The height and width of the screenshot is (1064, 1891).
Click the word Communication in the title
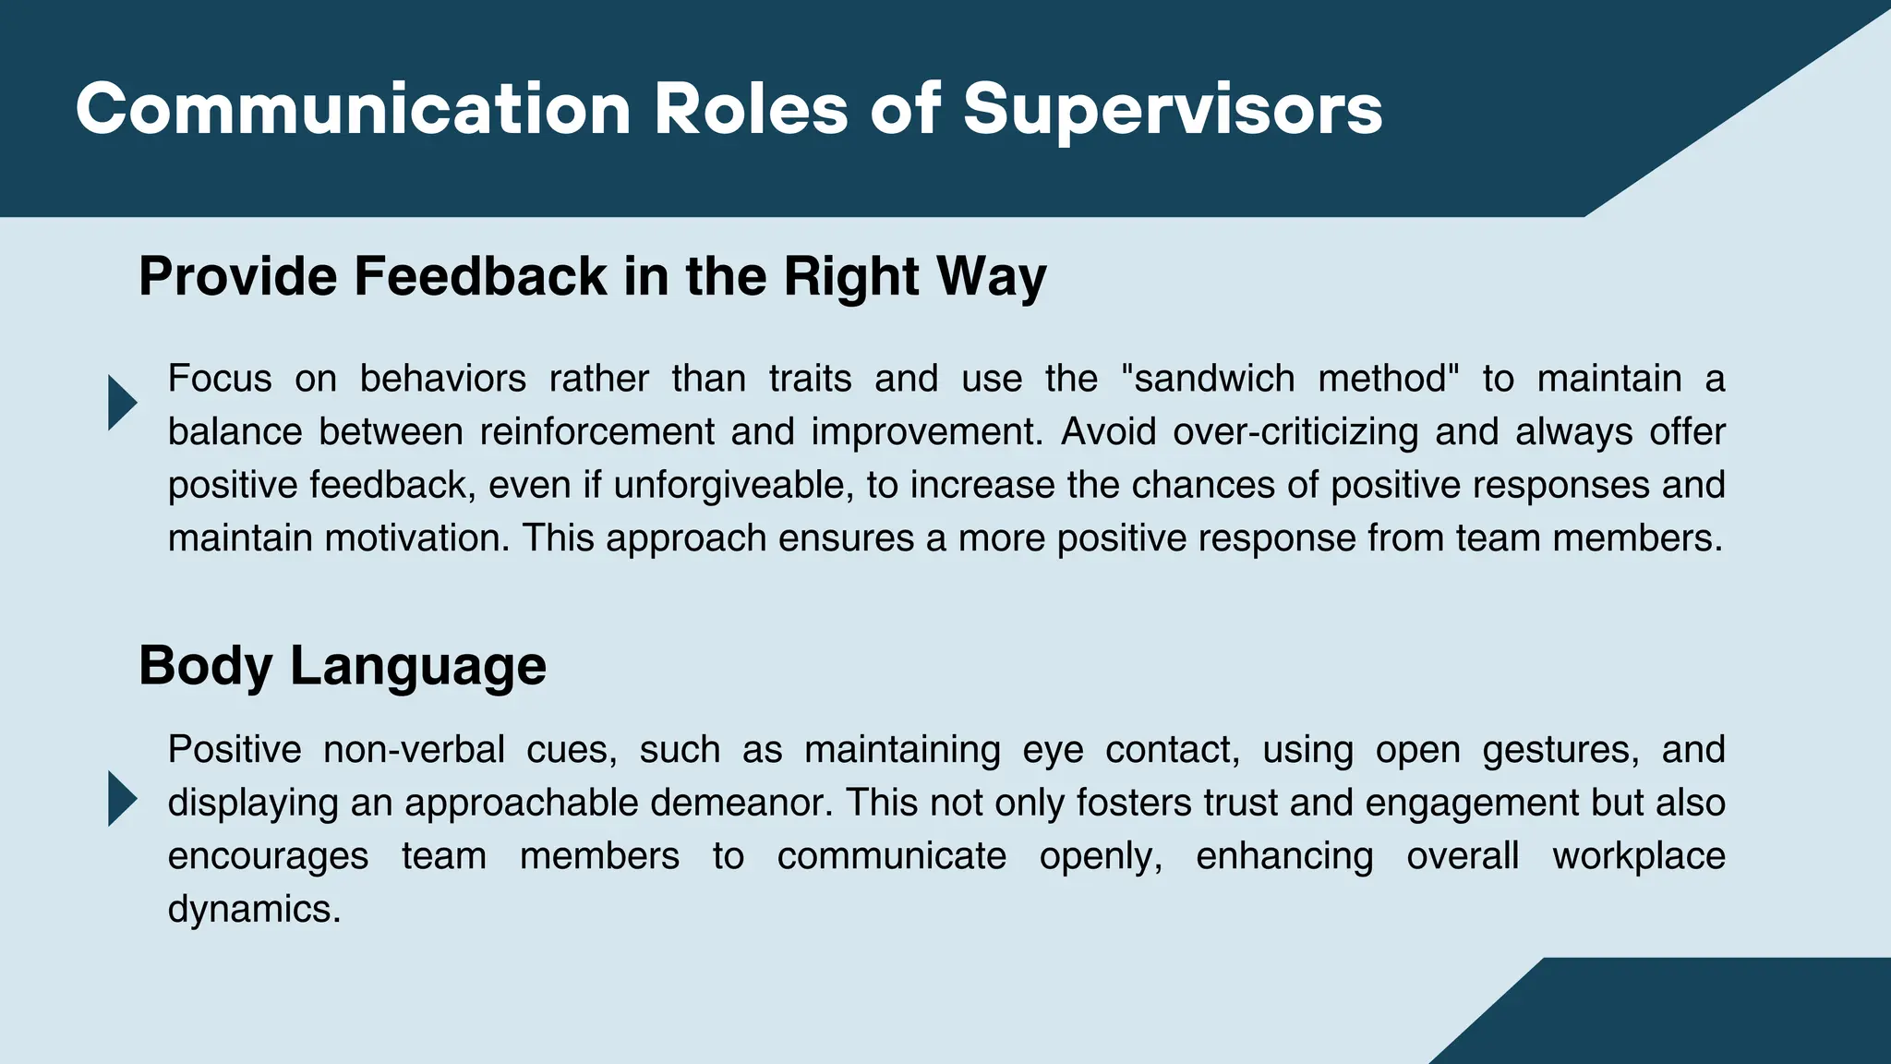pos(353,109)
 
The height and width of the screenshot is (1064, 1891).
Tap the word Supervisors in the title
pos(1173,109)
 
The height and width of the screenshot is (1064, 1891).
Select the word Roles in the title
pos(751,109)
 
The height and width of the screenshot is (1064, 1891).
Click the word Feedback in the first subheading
pos(480,276)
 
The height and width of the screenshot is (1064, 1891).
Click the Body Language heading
pos(343,666)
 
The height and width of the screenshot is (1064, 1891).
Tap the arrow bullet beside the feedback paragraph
pos(122,403)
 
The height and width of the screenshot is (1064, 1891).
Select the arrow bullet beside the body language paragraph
pos(122,798)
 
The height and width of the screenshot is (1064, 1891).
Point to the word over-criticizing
pos(1295,432)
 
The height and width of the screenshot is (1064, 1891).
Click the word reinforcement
pos(596,432)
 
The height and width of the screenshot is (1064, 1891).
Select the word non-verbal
pos(414,749)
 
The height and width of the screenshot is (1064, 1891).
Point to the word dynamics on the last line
pos(254,910)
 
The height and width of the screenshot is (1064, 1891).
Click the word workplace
pos(1638,856)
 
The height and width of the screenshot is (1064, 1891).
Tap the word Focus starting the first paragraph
pos(220,379)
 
